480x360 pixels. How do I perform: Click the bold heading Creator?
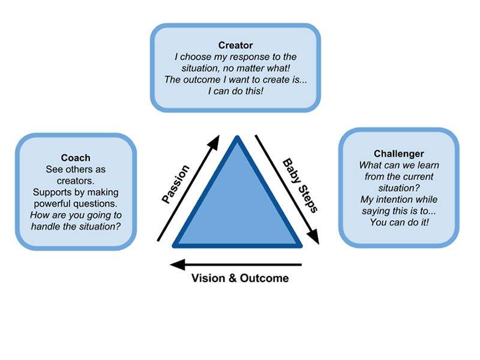click(x=235, y=45)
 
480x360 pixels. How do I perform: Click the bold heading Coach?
click(x=76, y=158)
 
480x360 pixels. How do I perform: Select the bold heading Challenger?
click(x=398, y=154)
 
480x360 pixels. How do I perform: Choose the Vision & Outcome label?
click(x=240, y=278)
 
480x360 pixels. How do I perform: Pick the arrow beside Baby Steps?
click(x=287, y=189)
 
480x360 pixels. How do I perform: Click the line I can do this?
click(x=235, y=91)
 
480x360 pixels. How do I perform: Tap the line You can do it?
click(x=398, y=221)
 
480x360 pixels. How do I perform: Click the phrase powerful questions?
click(x=76, y=203)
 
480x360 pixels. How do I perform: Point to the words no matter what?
click(x=265, y=68)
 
